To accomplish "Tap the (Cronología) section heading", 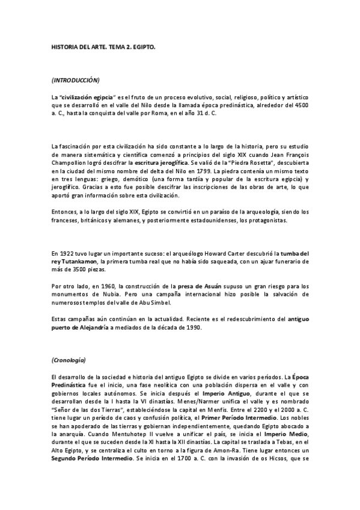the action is [69, 360].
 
